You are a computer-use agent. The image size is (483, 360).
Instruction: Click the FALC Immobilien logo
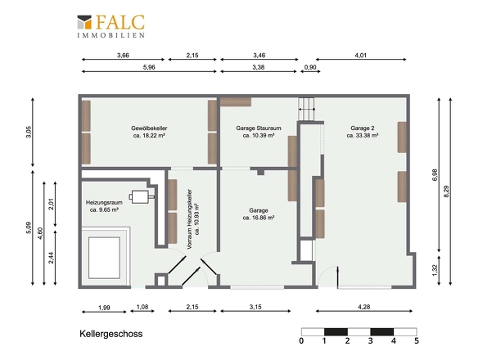click(x=111, y=26)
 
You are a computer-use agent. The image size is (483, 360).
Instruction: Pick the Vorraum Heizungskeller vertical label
click(x=193, y=219)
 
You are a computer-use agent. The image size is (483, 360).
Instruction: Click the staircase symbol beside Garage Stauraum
click(x=306, y=110)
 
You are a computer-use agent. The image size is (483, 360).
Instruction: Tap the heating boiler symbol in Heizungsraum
click(x=142, y=196)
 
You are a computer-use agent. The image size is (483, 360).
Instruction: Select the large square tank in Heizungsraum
click(x=105, y=258)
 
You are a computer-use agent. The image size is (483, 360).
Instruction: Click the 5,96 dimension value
click(x=149, y=67)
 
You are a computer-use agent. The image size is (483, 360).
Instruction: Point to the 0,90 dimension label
click(x=310, y=67)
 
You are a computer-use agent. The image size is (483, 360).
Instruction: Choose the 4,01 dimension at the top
click(x=361, y=56)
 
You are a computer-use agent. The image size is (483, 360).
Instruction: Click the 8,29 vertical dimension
click(x=446, y=191)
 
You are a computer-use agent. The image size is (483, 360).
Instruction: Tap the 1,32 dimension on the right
click(x=435, y=270)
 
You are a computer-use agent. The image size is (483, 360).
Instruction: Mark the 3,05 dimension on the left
click(x=29, y=132)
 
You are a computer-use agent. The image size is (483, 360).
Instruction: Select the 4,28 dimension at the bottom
click(x=364, y=307)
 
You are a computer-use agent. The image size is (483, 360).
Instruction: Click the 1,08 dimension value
click(x=142, y=307)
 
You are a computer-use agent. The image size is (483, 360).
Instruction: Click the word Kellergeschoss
click(x=111, y=334)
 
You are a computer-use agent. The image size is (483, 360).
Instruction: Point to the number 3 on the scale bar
click(x=370, y=341)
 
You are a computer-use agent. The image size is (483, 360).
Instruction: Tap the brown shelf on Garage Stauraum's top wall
click(x=236, y=102)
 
